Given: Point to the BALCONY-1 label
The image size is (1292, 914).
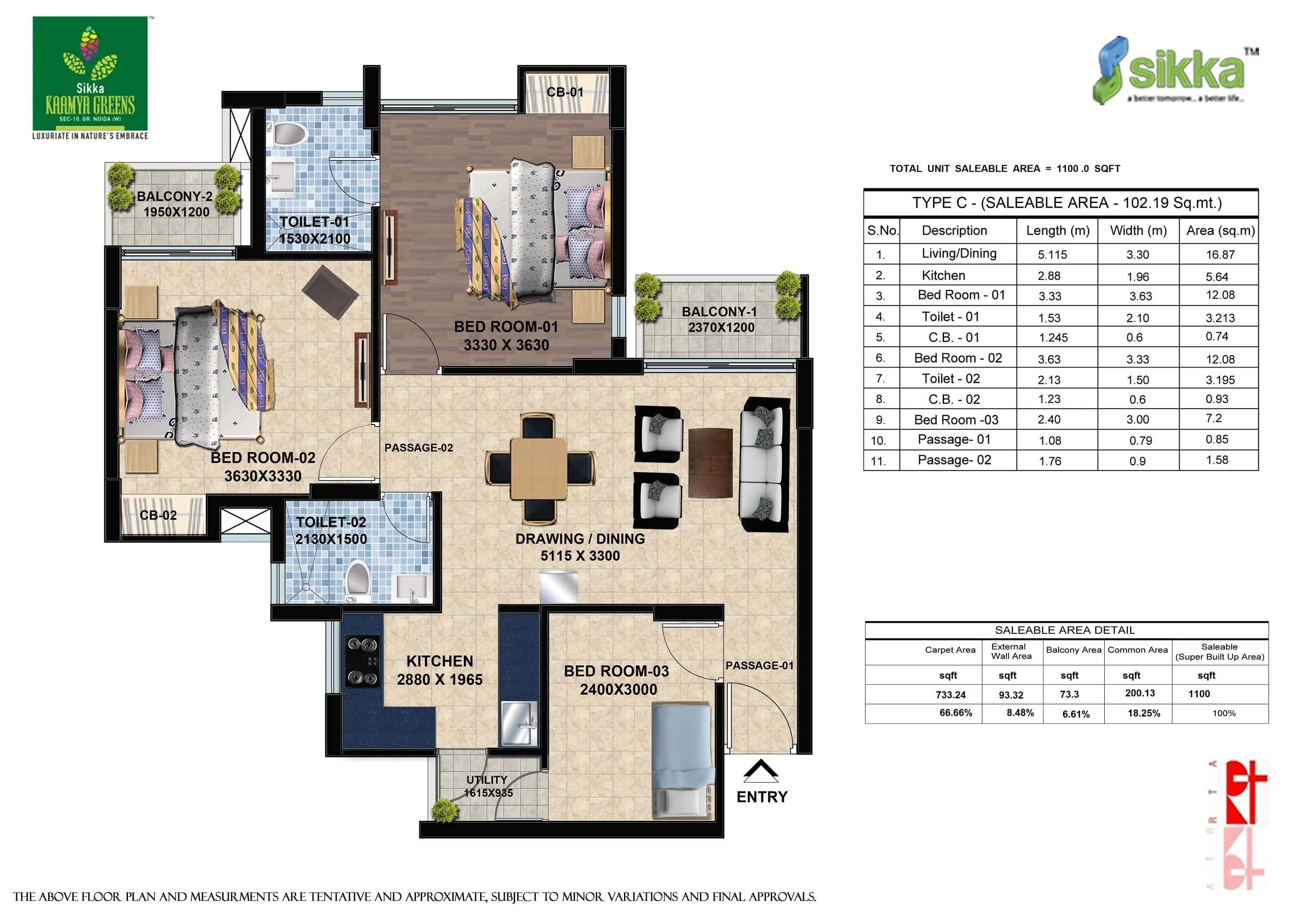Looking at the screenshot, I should click(x=719, y=312).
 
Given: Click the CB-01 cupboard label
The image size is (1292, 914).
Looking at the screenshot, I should click(x=565, y=92).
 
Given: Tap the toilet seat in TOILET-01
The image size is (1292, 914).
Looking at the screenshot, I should click(x=290, y=134).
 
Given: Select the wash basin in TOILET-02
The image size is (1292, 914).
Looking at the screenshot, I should click(x=411, y=587).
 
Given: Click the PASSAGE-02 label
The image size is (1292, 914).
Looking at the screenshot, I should click(x=418, y=448).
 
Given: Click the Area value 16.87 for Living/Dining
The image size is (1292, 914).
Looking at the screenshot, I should click(x=1220, y=255).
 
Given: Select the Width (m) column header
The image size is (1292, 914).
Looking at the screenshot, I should click(x=1138, y=230).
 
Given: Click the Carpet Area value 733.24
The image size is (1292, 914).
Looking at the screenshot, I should click(x=950, y=694).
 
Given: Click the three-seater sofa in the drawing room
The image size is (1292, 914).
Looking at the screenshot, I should click(x=764, y=465).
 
